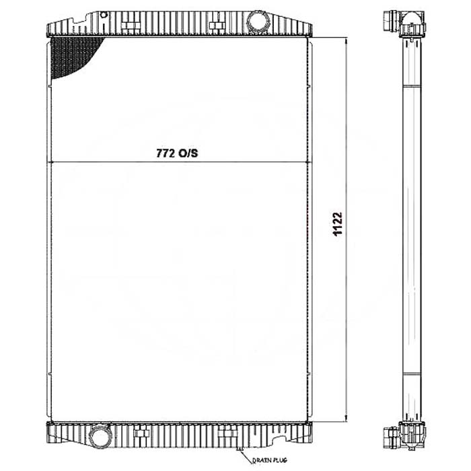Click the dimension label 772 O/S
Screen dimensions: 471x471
pos(177,153)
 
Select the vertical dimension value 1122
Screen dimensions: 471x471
pos(338,224)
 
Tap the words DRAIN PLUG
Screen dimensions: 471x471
pos(269,460)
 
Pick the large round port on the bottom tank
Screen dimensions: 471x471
pos(100,436)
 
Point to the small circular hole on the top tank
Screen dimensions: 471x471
pos(104,14)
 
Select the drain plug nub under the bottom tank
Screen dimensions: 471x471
pos(240,449)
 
